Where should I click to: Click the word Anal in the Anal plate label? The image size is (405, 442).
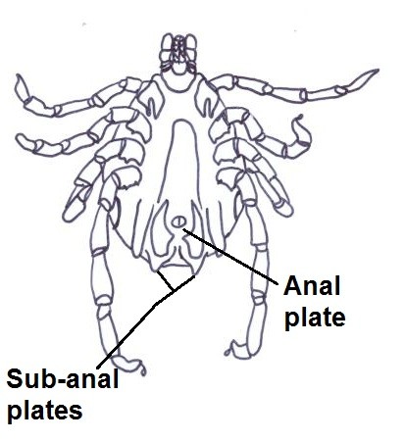click(312, 286)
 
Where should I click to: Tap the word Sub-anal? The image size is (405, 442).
click(62, 379)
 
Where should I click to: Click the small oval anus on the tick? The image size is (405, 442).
click(178, 222)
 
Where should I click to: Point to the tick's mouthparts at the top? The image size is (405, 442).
click(178, 54)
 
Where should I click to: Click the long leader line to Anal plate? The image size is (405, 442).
click(230, 256)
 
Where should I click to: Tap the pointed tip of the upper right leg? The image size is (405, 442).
click(379, 70)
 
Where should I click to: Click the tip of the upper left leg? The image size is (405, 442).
click(19, 76)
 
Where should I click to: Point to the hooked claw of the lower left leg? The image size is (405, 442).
click(142, 371)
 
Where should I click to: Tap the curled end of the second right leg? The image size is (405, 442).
click(299, 119)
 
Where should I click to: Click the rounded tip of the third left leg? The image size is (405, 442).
click(68, 216)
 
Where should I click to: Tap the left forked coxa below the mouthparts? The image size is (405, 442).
click(152, 98)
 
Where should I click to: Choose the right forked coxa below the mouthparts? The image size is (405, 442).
click(208, 98)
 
